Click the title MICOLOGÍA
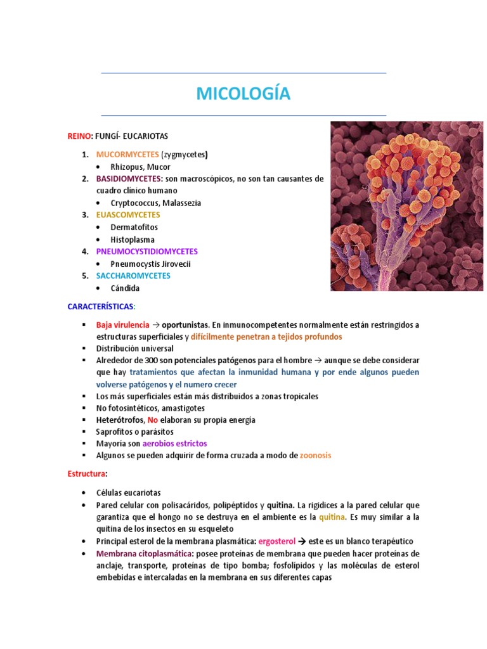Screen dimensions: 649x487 click(243, 94)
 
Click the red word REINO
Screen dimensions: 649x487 click(80, 136)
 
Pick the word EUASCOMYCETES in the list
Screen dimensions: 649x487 click(128, 215)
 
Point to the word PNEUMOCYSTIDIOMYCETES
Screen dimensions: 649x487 click(147, 252)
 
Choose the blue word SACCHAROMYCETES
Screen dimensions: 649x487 click(133, 276)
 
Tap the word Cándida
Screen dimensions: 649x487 click(125, 288)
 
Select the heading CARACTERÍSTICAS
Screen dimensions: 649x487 click(100, 307)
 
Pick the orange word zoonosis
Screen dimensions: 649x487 click(315, 456)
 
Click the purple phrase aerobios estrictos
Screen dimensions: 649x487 click(174, 444)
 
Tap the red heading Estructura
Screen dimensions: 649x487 click(86, 474)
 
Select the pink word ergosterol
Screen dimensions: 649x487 click(276, 541)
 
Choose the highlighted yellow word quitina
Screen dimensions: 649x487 click(332, 517)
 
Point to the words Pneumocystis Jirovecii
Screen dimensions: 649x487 click(150, 264)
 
